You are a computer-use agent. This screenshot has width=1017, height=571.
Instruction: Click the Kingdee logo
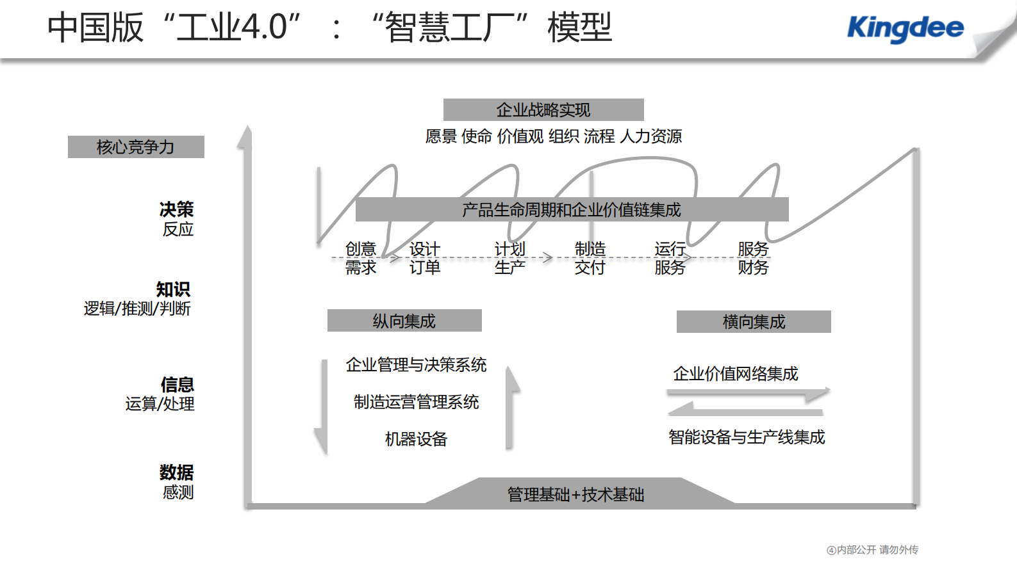905,28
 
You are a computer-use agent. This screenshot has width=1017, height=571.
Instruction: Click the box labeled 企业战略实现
543,110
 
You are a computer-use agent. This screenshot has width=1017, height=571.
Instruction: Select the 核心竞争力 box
136,147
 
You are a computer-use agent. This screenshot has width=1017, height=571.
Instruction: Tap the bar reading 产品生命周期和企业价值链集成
572,209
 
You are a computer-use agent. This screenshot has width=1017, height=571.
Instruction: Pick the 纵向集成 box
404,321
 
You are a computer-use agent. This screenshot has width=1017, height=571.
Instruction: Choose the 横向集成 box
754,321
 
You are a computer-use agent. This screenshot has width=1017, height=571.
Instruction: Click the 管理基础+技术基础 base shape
576,494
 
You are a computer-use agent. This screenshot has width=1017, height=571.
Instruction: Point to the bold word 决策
176,209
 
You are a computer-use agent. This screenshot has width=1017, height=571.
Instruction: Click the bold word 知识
173,289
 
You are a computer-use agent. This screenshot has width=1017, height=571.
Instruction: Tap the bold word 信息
177,385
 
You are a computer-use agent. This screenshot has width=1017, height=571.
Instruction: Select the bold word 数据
176,472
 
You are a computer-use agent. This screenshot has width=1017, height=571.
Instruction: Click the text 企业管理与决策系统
416,365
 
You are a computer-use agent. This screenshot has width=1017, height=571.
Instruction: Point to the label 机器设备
416,439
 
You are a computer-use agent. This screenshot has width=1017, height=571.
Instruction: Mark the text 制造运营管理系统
416,402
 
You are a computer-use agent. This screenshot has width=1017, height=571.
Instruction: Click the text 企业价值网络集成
736,374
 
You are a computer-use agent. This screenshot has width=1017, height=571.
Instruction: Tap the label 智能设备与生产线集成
747,437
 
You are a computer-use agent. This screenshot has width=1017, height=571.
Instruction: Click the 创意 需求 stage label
361,258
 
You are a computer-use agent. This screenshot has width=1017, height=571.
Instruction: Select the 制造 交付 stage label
590,258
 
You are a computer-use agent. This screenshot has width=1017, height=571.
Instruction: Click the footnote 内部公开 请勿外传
877,550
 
